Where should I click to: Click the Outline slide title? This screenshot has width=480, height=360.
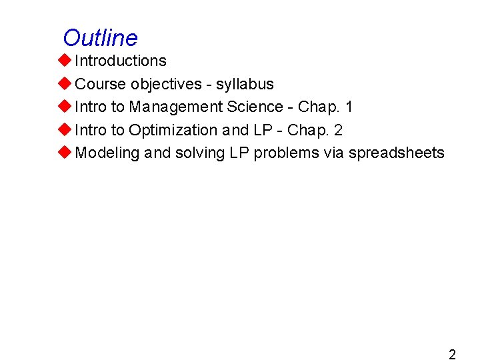pyautogui.click(x=100, y=38)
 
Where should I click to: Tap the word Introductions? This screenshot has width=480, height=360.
pyautogui.click(x=121, y=61)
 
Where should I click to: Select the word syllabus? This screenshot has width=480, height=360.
pyautogui.click(x=245, y=84)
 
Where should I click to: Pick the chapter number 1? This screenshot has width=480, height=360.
pyautogui.click(x=349, y=107)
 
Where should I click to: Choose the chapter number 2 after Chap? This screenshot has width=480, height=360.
pyautogui.click(x=338, y=130)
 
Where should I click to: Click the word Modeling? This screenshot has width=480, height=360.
pyautogui.click(x=107, y=153)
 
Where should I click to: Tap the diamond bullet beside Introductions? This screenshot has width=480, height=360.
pyautogui.click(x=64, y=61)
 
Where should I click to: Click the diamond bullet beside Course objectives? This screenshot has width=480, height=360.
pyautogui.click(x=64, y=84)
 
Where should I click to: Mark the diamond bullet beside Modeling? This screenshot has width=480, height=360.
pyautogui.click(x=64, y=153)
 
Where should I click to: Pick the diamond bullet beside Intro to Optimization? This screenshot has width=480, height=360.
pyautogui.click(x=64, y=130)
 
